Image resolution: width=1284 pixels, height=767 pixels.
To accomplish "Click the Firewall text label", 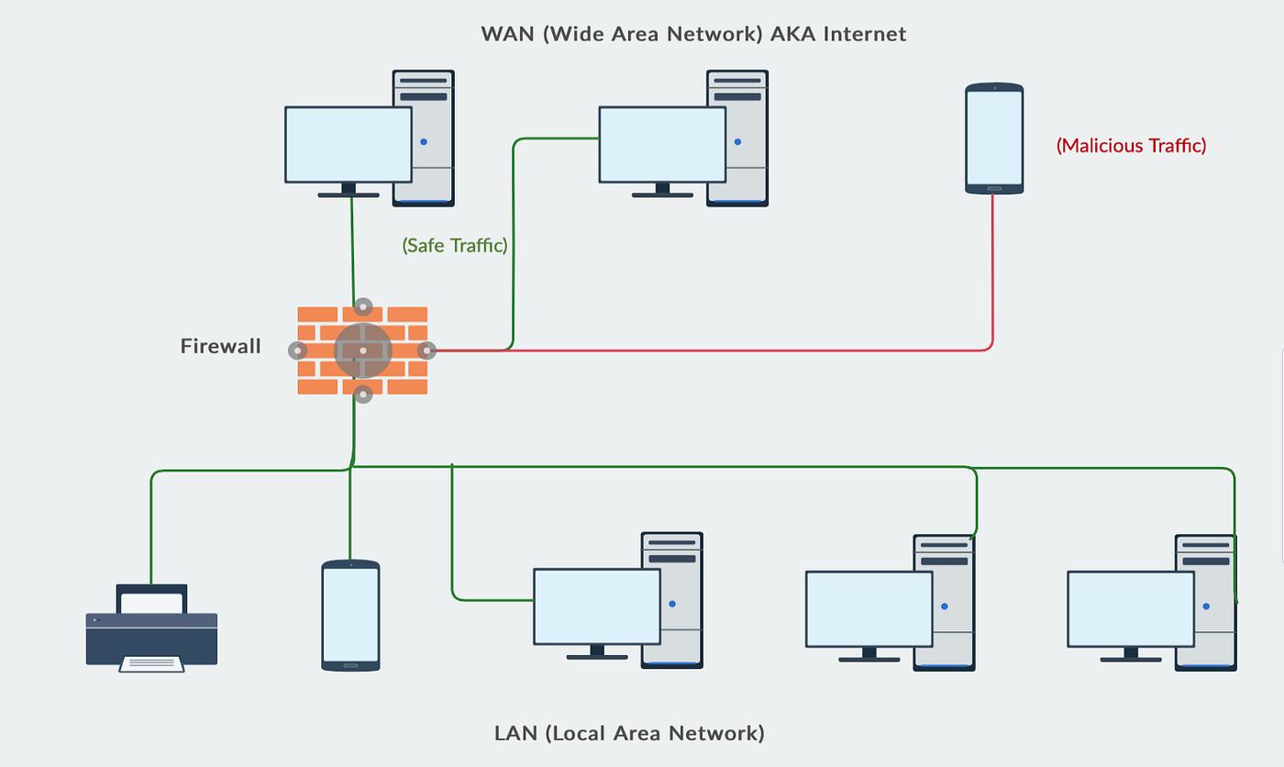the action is tap(221, 346).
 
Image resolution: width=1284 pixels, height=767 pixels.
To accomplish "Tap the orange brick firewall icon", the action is tap(362, 350).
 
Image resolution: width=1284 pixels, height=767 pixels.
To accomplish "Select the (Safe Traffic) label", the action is tap(455, 245).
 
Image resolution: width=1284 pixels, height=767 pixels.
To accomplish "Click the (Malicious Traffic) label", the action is tap(1131, 146).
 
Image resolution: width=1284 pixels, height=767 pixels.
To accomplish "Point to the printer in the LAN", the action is tap(151, 628).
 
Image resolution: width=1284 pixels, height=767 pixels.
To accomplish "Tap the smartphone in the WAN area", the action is tap(994, 139).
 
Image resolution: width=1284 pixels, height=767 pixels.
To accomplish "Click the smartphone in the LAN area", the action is tap(350, 616).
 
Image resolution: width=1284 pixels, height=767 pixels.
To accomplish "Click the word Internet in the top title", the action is tap(864, 34).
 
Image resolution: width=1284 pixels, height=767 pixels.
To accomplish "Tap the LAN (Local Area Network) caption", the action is tap(629, 733).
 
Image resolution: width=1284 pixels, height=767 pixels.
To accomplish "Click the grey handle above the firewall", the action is tap(363, 306).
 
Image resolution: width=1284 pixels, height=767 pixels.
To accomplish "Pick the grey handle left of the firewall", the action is tap(297, 350).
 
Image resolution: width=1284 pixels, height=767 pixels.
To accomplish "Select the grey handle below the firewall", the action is tap(363, 395).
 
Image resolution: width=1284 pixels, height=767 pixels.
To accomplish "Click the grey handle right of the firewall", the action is tap(426, 350).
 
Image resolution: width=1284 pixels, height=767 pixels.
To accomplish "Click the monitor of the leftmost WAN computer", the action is tap(349, 144).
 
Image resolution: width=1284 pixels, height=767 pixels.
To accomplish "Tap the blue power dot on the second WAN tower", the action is tap(737, 141).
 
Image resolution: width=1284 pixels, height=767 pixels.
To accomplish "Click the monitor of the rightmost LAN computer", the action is tap(1130, 609).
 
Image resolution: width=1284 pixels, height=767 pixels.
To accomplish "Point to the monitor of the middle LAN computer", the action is tap(869, 609).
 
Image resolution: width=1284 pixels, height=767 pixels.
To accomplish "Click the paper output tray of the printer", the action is tap(151, 664).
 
